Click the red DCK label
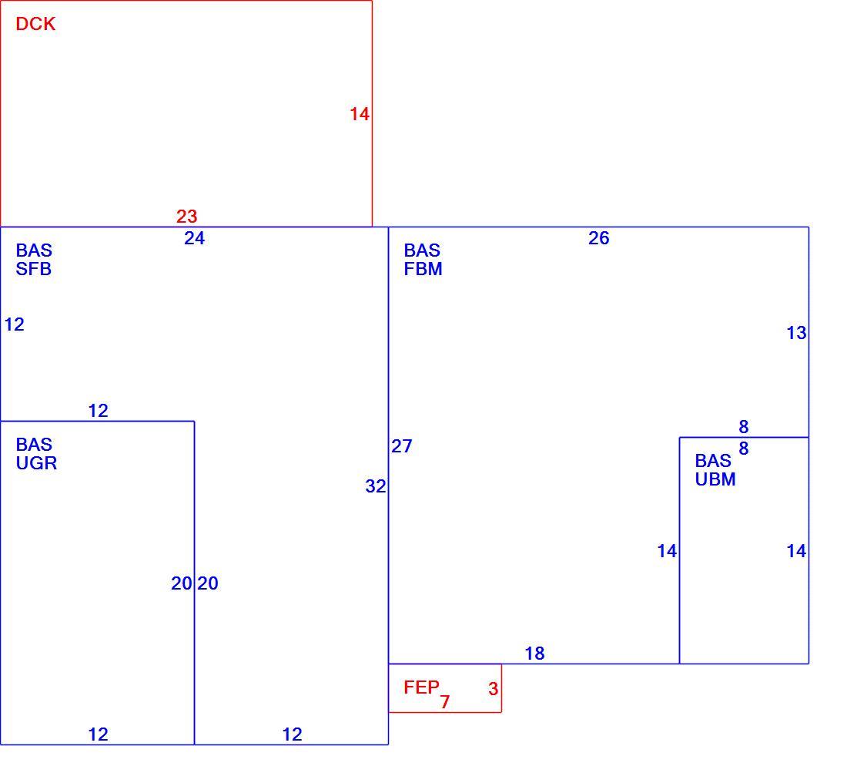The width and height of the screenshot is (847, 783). (35, 24)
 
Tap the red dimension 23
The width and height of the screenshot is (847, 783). (187, 217)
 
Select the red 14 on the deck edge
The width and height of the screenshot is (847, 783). (360, 114)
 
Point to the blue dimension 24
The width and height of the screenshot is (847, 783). (195, 238)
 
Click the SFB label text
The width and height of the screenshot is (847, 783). (33, 269)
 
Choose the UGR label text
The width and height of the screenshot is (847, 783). (36, 463)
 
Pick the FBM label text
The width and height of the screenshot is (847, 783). (423, 269)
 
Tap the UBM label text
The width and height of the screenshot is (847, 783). (715, 479)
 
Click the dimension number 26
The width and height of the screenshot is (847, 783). (598, 238)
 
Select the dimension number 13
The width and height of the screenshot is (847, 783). (796, 333)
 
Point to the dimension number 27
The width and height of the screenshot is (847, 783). (402, 446)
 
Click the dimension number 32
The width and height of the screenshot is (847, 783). (376, 486)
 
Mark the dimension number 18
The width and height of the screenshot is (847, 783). (535, 654)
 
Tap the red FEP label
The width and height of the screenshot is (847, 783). (421, 687)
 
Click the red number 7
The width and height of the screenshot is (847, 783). (444, 702)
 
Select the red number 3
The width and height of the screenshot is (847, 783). (493, 689)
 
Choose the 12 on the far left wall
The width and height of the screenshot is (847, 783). (14, 324)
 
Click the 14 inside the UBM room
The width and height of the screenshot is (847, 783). (796, 551)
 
